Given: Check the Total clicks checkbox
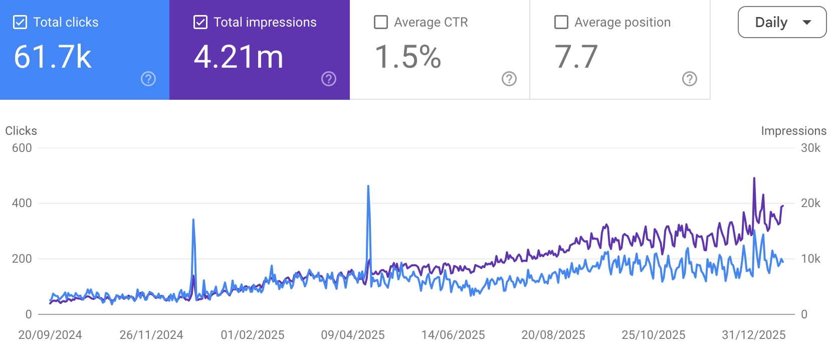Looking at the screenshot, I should (x=20, y=23).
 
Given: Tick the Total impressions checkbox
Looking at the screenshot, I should (x=200, y=23).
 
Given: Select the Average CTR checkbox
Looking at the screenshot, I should (x=381, y=23).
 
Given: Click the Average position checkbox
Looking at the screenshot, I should (x=561, y=23).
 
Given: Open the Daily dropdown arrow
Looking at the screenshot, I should (x=806, y=23).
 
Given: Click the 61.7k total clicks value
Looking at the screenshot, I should (x=53, y=57).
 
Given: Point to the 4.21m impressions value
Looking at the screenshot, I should (x=239, y=57).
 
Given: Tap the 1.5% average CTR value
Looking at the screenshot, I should (x=408, y=57).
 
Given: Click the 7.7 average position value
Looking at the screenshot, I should (x=576, y=57).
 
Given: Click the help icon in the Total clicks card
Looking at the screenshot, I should (x=148, y=79).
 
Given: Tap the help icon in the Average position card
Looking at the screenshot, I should (x=690, y=79).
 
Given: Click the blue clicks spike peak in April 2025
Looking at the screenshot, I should (x=368, y=187).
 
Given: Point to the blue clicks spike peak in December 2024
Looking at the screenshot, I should (x=193, y=220).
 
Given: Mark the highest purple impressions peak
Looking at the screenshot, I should (x=754, y=178).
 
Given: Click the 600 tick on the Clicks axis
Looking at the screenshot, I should (x=22, y=148).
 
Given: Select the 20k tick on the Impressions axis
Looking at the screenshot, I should (x=810, y=203).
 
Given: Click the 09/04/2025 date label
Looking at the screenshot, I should (x=353, y=335).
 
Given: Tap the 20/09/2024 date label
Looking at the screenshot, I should (x=50, y=335).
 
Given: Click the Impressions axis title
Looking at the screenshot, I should (x=793, y=131).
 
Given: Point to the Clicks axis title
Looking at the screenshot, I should (x=21, y=131).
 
